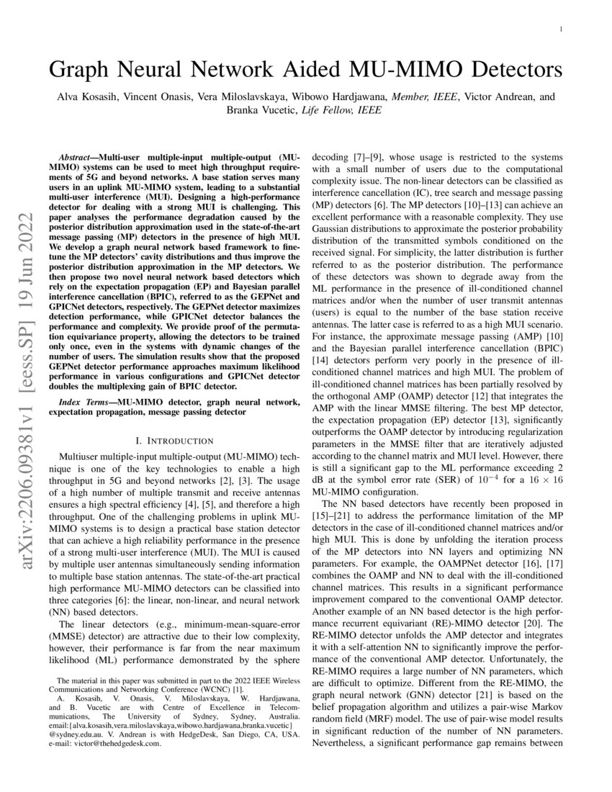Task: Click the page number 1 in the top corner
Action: coord(561,29)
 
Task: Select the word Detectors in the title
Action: coord(508,71)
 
